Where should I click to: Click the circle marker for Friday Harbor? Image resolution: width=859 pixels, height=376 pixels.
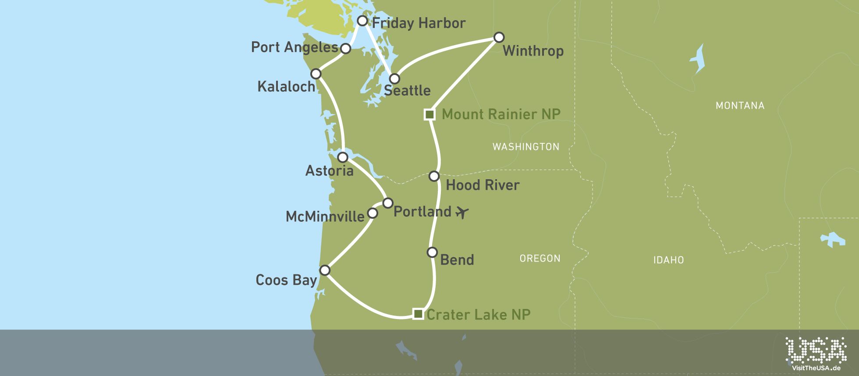(x=362, y=21)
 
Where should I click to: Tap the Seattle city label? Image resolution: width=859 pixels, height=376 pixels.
(x=407, y=91)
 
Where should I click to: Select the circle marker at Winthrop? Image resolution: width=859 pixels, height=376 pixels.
(x=499, y=37)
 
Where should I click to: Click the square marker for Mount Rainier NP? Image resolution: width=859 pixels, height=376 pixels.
(x=429, y=114)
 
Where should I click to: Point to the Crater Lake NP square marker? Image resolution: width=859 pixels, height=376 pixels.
(x=418, y=314)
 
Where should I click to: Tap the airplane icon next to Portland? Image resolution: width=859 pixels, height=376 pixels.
(x=462, y=213)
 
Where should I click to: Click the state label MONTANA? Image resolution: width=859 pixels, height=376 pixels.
(x=740, y=106)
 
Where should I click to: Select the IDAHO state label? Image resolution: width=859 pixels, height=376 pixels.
(x=668, y=260)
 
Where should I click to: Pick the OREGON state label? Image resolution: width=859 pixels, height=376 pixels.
(x=540, y=259)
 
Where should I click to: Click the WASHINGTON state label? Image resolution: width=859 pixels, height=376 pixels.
(x=526, y=147)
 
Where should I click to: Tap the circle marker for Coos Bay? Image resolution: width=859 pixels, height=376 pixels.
(x=325, y=270)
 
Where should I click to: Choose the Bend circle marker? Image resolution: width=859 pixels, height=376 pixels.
(x=432, y=252)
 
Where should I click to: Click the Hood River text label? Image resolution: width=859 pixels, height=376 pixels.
(x=482, y=185)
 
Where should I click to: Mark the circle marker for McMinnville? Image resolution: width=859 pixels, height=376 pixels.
(x=373, y=213)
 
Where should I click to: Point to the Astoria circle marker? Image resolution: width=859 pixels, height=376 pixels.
(x=343, y=157)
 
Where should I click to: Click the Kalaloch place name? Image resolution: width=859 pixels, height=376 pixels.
(x=286, y=87)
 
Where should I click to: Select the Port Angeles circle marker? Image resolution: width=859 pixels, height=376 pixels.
(x=346, y=49)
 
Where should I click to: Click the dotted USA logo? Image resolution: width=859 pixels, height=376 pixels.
(x=816, y=349)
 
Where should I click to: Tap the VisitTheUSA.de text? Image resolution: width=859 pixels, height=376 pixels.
(x=816, y=368)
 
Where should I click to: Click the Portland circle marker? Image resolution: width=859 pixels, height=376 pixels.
(x=388, y=203)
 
